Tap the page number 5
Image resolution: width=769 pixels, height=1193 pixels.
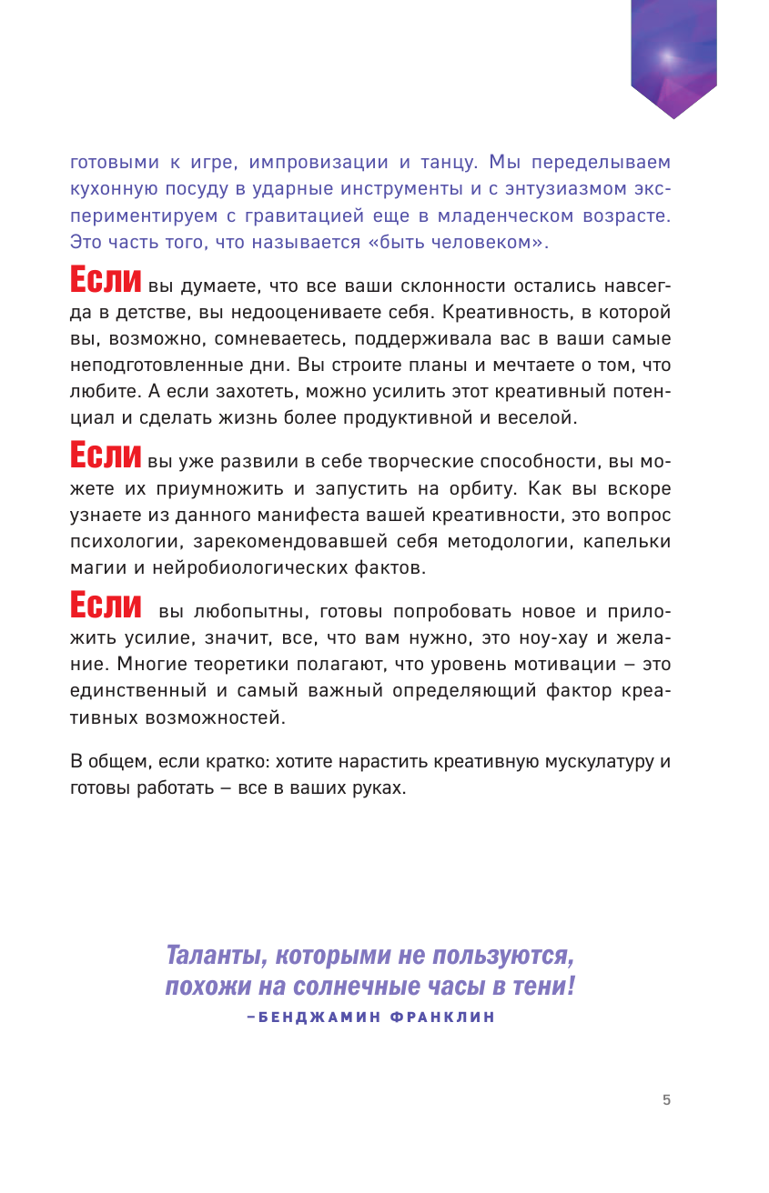click(x=666, y=1099)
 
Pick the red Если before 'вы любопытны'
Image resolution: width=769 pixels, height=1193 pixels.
click(x=106, y=605)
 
